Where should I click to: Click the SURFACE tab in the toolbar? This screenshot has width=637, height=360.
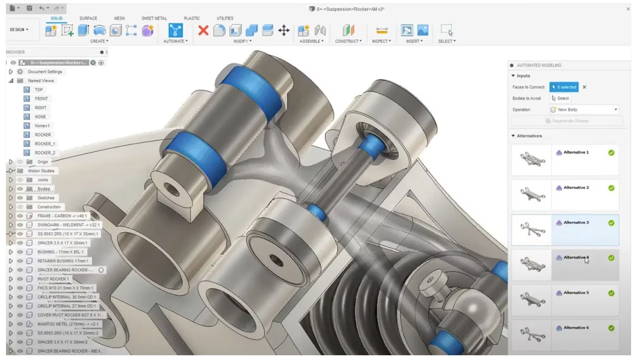(x=88, y=19)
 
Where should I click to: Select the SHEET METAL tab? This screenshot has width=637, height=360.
(x=154, y=19)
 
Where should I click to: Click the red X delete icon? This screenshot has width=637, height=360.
(x=203, y=30)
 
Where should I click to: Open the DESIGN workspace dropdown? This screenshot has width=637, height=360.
(x=19, y=30)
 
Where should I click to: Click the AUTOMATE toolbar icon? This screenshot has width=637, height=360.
(x=175, y=31)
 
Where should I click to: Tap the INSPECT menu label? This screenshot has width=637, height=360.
(x=381, y=41)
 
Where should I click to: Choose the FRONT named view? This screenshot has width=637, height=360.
(x=41, y=99)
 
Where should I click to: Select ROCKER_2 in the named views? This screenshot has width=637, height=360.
(x=45, y=153)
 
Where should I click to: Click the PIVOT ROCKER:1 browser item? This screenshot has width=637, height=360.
(x=53, y=279)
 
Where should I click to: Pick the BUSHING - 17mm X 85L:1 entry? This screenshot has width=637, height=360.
(x=60, y=252)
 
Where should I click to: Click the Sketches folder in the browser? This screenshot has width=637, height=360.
(x=46, y=198)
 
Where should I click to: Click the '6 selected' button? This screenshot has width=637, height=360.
(x=564, y=87)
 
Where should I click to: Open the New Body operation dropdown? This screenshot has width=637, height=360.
(x=585, y=110)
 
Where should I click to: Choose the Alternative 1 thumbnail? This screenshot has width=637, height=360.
(x=531, y=159)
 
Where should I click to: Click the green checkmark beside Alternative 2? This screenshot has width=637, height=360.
(x=611, y=188)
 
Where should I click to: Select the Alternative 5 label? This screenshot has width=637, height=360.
(x=576, y=293)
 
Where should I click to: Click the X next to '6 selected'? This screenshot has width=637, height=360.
(x=584, y=87)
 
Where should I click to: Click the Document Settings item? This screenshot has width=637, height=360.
(x=45, y=72)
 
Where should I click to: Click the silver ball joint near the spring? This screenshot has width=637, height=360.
(x=472, y=308)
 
